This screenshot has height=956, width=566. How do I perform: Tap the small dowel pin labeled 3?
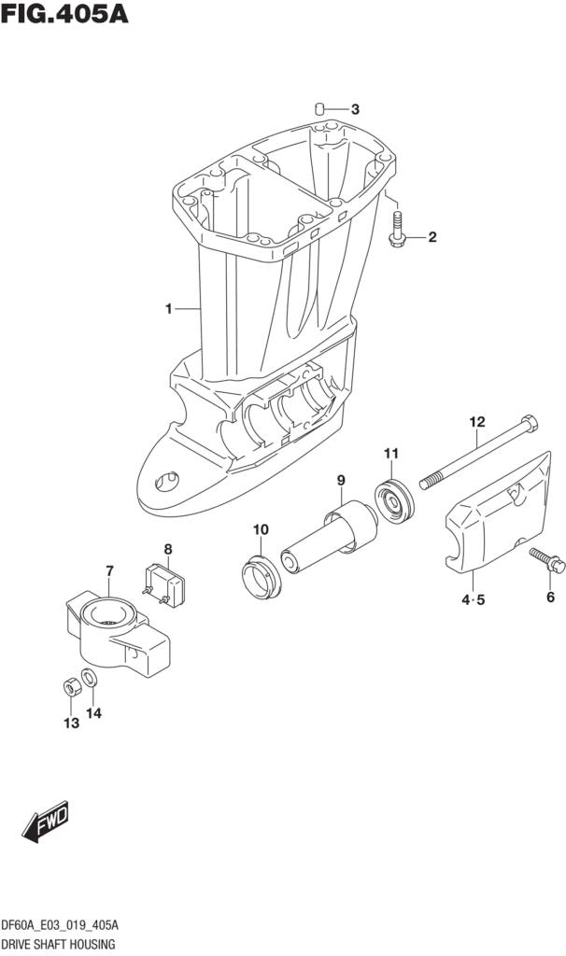319,109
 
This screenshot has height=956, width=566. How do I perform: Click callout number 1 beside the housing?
168,308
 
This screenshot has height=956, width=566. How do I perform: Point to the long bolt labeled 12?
476,457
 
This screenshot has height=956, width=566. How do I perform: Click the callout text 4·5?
472,599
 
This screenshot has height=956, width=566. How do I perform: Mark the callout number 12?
477,422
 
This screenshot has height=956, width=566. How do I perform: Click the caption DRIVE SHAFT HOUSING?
57,944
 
